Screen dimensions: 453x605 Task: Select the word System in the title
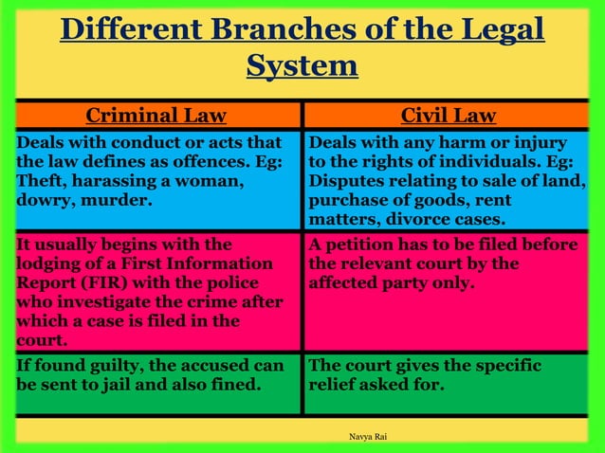coord(302,66)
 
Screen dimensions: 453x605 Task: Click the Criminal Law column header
coord(156,116)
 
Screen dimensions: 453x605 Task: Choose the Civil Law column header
coord(448,116)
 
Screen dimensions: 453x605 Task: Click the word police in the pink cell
coord(250,282)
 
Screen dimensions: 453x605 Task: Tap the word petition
coord(365,245)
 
